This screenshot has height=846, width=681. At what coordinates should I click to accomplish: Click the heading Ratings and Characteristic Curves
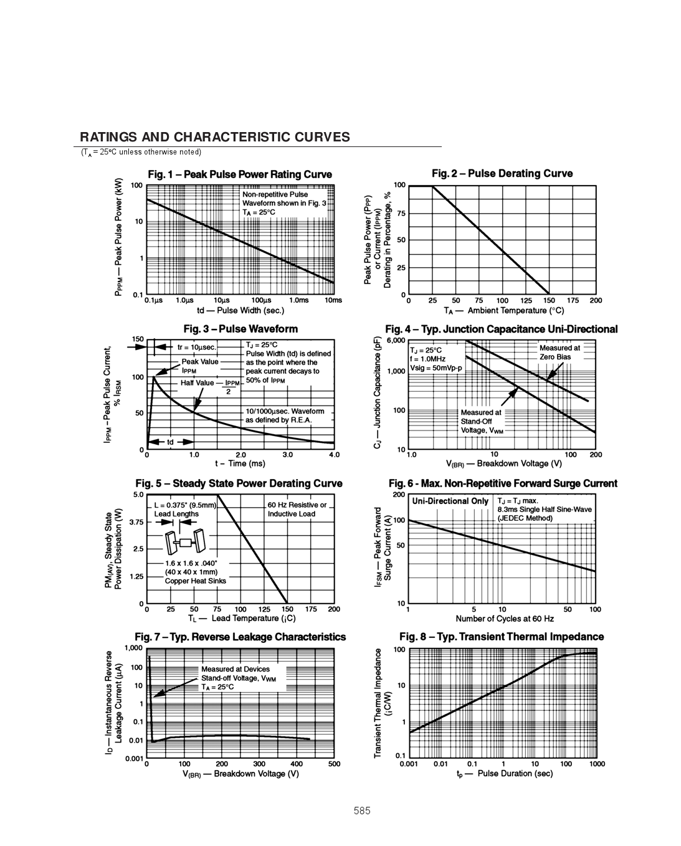(x=215, y=138)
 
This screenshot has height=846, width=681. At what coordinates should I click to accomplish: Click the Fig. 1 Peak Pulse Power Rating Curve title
(x=240, y=174)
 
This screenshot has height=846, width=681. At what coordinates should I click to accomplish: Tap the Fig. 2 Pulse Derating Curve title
(x=502, y=174)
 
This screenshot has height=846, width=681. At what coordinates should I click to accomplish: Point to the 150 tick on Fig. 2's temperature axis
(x=549, y=301)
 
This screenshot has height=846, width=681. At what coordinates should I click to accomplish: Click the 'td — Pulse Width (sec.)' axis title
(x=240, y=310)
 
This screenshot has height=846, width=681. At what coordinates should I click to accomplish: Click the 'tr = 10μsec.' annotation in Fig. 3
(x=196, y=347)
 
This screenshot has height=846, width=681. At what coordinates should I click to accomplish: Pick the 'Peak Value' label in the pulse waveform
(x=200, y=361)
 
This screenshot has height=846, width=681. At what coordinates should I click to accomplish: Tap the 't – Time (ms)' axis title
(x=240, y=463)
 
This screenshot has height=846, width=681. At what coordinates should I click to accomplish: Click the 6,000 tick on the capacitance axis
(x=396, y=341)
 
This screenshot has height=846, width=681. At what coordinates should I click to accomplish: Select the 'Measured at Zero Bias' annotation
(x=558, y=353)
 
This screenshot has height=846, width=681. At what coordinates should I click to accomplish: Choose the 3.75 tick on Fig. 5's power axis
(x=136, y=522)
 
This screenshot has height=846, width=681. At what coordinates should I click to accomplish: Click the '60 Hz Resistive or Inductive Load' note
(x=297, y=510)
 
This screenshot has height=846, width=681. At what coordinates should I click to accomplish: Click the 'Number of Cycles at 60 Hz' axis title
(x=505, y=619)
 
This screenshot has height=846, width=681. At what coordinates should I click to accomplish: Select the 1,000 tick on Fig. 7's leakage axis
(x=133, y=649)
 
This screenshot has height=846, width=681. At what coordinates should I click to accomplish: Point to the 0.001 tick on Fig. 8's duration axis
(x=408, y=764)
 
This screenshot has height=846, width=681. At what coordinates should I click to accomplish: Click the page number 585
(x=362, y=811)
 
